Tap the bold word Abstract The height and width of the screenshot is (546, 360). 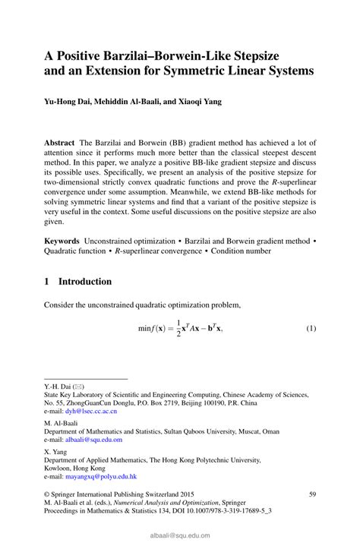click(60, 143)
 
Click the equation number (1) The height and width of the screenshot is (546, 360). click(311, 329)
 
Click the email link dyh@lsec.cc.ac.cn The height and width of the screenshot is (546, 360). click(90, 411)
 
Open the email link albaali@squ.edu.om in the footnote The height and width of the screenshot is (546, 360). click(94, 439)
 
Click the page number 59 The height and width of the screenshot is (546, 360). click(311, 494)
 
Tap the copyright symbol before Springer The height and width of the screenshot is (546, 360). click(46, 494)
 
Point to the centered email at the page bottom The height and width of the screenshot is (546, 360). click(180, 535)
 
